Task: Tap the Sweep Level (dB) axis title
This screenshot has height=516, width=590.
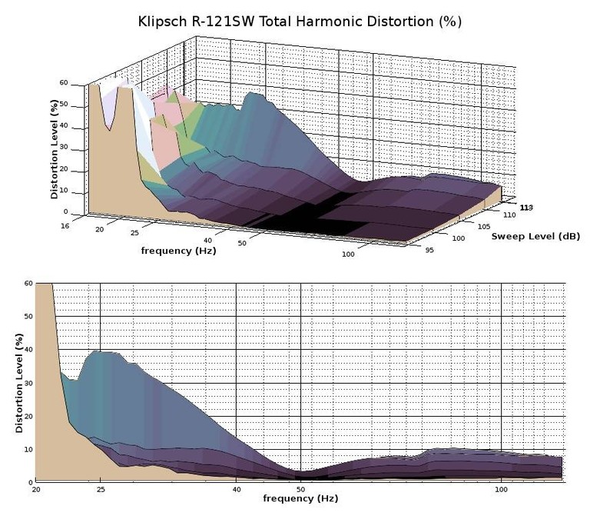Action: point(535,235)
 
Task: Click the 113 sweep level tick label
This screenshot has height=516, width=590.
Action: point(526,208)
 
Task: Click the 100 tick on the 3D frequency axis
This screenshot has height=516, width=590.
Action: point(348,254)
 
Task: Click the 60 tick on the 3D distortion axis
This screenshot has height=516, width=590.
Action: point(64,84)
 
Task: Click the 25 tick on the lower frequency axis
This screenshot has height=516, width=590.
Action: point(100,489)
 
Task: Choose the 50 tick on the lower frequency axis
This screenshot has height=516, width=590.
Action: point(300,489)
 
